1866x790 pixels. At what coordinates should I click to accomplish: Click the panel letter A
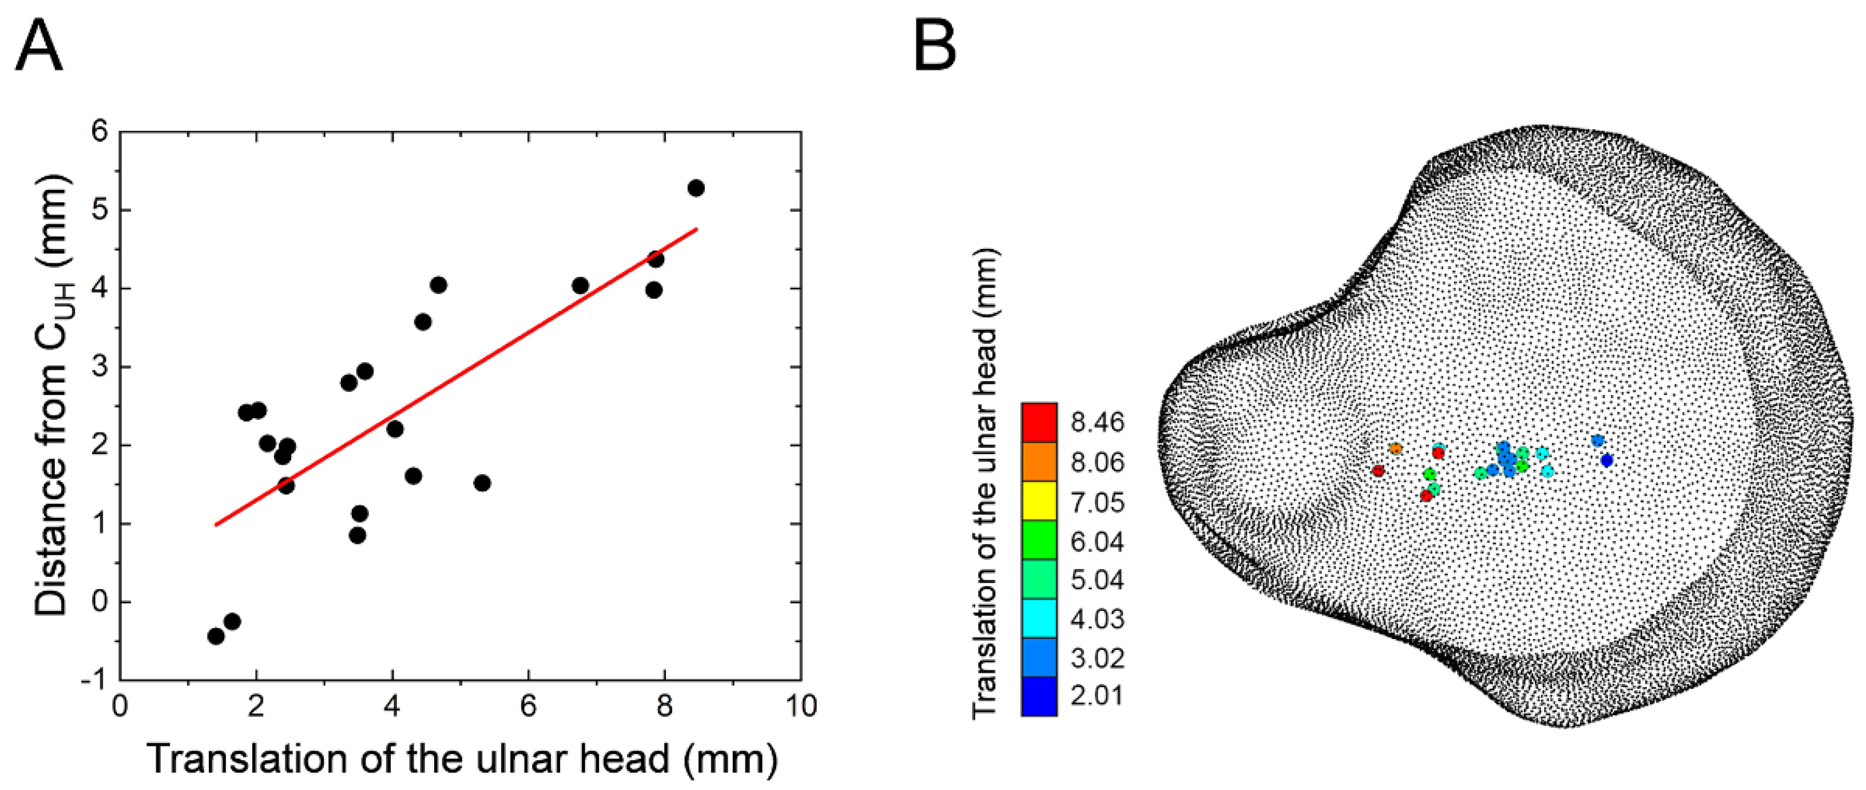(x=39, y=46)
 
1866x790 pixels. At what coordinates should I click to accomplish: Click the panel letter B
(x=935, y=46)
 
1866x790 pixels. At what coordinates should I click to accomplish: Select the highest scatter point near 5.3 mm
(x=696, y=188)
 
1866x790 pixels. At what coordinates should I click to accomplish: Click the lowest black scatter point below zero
(x=215, y=636)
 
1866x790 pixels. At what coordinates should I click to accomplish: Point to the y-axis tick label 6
(x=99, y=132)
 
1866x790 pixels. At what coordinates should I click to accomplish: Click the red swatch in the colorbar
(x=1039, y=422)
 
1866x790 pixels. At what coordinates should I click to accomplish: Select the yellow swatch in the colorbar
(x=1039, y=501)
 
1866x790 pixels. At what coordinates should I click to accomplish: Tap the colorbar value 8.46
(x=1097, y=422)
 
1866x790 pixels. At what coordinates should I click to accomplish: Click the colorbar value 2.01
(x=1097, y=696)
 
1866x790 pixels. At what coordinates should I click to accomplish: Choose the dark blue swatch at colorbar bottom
(x=1039, y=696)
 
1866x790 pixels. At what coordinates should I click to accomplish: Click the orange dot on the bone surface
(x=1395, y=449)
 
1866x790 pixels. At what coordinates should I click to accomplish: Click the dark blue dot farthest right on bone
(x=1607, y=460)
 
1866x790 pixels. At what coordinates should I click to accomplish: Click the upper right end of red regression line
(x=696, y=229)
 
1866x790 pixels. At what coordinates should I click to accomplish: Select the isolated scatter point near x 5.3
(x=482, y=483)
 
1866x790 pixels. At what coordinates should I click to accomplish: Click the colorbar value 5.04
(x=1097, y=580)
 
